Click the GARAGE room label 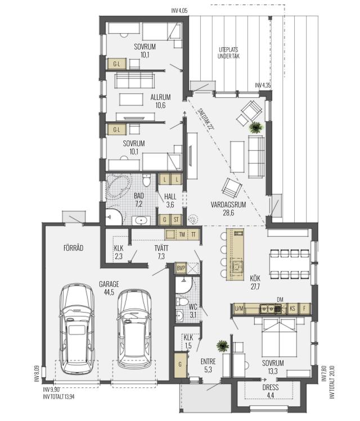coord(109,284)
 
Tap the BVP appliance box coord(181,268)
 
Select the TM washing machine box coord(182,234)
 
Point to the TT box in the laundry coord(193,234)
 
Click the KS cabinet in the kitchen coord(292,309)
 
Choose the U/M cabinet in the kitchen coord(239,309)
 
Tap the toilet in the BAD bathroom coord(146,180)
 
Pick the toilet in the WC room coord(182,301)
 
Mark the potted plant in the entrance coord(223,346)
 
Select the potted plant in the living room coord(255,127)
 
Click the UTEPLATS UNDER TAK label coord(228,53)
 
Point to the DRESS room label coord(271,387)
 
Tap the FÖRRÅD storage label coord(73,247)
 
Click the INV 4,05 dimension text coord(179,11)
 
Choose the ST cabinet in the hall coord(176,220)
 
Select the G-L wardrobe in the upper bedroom coord(116,64)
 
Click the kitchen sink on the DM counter coord(270,309)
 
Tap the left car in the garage coord(77,328)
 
